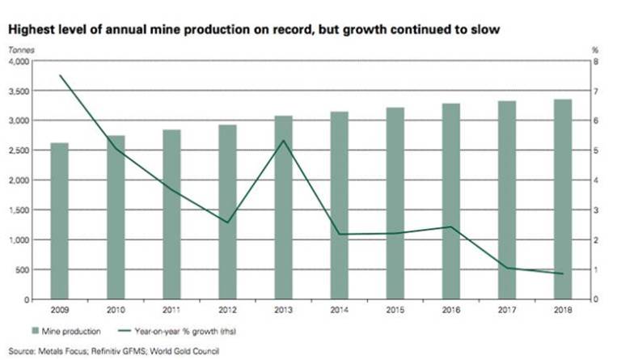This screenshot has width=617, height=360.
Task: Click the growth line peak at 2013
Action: tap(283, 141)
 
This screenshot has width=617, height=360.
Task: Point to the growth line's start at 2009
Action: tap(60, 76)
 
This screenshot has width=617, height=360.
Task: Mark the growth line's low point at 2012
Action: tap(227, 222)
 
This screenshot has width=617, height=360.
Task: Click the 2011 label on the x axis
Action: tap(171, 309)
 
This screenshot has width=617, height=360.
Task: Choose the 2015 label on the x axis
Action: tap(395, 309)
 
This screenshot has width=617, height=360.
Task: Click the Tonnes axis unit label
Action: tap(19, 50)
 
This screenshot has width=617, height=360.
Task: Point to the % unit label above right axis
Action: tap(594, 50)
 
